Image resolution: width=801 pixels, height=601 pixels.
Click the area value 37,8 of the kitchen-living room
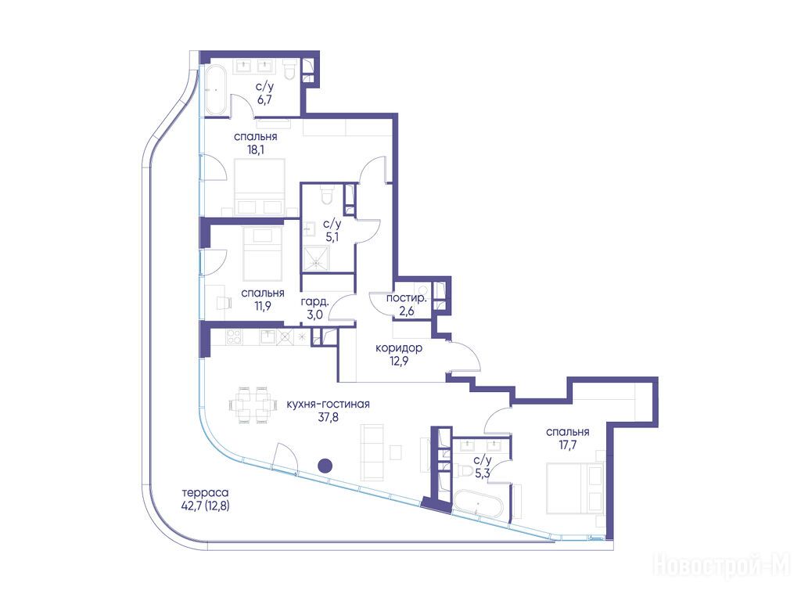(328, 417)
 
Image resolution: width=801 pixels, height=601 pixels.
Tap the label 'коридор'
(398, 348)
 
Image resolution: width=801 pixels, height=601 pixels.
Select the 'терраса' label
(205, 493)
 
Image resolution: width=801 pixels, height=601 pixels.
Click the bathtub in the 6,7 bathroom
(216, 90)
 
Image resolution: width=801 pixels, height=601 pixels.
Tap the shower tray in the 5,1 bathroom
(318, 258)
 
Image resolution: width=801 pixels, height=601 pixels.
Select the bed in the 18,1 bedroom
(259, 186)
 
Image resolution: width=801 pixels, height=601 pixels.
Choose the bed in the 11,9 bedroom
(262, 254)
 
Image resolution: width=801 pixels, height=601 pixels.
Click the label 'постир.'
(406, 298)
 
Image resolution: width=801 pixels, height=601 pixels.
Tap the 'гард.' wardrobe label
(314, 301)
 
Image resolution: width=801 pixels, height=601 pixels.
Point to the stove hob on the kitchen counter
(234, 336)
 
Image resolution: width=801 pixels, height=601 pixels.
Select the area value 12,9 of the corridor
(398, 362)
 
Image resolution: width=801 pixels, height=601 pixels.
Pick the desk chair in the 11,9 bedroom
(224, 303)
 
